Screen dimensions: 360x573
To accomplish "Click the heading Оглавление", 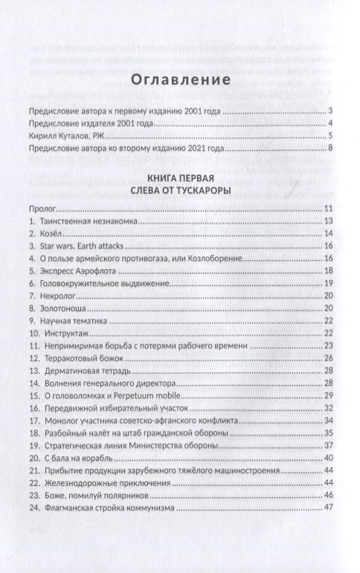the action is point(179,80).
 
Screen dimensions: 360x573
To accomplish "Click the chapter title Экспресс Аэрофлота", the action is point(77,271).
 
